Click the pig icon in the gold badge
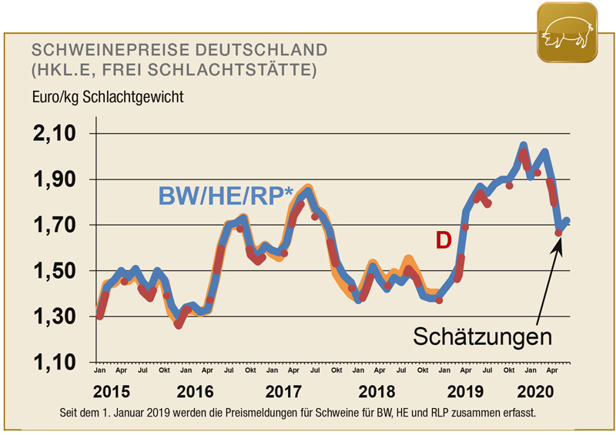566,32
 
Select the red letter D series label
443,241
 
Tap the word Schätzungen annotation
482,336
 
